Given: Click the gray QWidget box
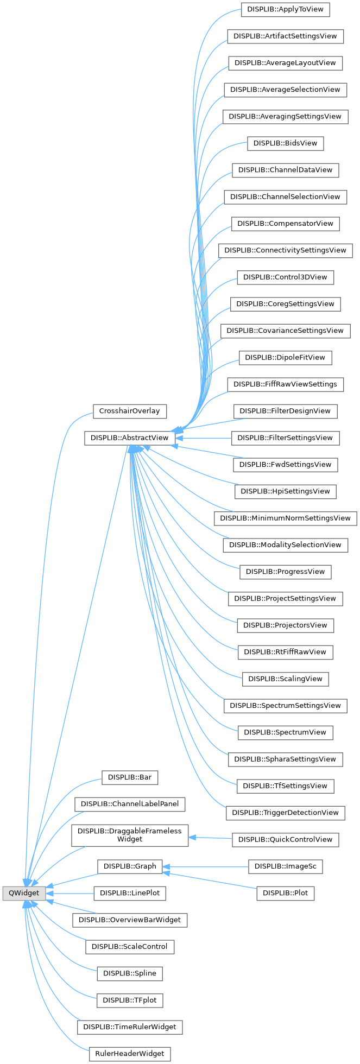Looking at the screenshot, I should pos(24,893).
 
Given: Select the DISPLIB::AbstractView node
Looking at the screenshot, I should pos(129,438).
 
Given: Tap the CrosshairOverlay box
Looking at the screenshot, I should pos(129,411).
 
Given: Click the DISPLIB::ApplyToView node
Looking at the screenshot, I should pos(285,9).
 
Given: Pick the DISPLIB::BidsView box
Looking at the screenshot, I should pos(285,143).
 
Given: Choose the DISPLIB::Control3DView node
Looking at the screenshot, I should pos(285,277).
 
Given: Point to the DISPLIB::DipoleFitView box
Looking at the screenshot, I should pos(285,357).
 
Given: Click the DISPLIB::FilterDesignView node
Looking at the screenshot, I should pos(285,411).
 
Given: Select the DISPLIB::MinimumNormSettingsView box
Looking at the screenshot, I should pos(285,518).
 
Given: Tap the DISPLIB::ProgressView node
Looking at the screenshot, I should pos(285,572).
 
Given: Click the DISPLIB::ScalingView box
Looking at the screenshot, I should pos(285,679).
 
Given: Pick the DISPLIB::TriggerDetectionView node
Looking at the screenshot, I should pos(285,813).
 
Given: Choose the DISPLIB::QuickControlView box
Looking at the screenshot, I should pos(285,839).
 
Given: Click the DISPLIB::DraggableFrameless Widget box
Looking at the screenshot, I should pos(130,835).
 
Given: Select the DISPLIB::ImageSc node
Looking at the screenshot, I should pos(285,866).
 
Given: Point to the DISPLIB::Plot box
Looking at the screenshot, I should pos(285,893).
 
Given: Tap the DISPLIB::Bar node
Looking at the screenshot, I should pos(129,777).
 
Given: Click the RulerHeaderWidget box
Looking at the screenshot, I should pos(129,1054).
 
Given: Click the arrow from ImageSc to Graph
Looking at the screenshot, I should pos(206,866).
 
